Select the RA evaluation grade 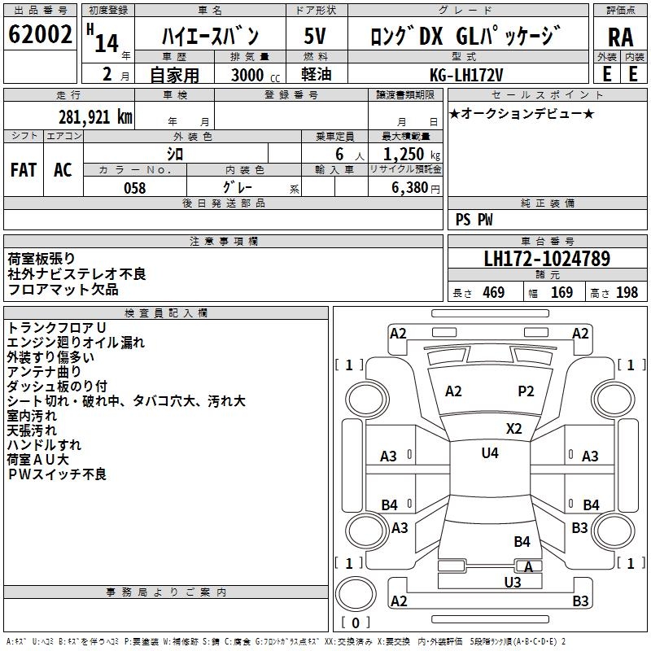(620, 37)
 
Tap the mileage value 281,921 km (94, 116)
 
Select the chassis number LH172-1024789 (547, 260)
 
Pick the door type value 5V (316, 37)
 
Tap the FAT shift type (24, 170)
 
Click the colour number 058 (134, 188)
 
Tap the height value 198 (627, 293)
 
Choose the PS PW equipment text (474, 220)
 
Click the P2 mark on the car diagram (526, 391)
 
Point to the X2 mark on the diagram (513, 429)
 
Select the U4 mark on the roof (490, 453)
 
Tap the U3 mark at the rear (513, 582)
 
